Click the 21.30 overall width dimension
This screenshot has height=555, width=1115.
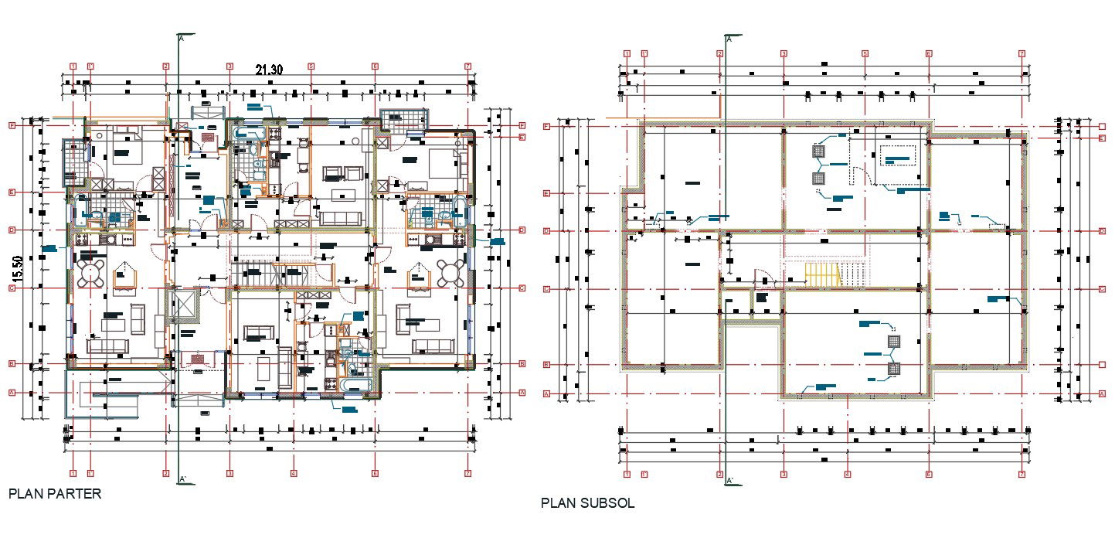[x=269, y=70]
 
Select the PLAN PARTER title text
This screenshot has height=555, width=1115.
[x=55, y=493]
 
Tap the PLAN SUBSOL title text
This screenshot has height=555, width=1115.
[x=587, y=503]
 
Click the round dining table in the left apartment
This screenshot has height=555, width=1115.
[x=92, y=272]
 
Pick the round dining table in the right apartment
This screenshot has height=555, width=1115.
[x=450, y=272]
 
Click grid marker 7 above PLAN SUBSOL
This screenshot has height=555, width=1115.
[x=1022, y=53]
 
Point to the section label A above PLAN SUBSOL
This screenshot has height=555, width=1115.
[x=729, y=37]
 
